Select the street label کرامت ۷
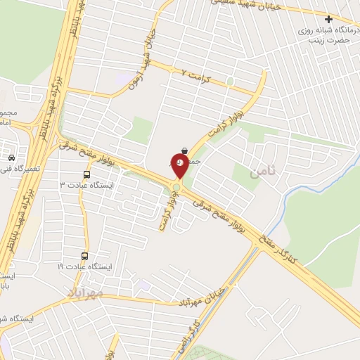196,72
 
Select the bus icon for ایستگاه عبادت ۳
86,174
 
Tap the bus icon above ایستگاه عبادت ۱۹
85,256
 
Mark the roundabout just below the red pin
175,186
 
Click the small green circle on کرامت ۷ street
229,82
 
